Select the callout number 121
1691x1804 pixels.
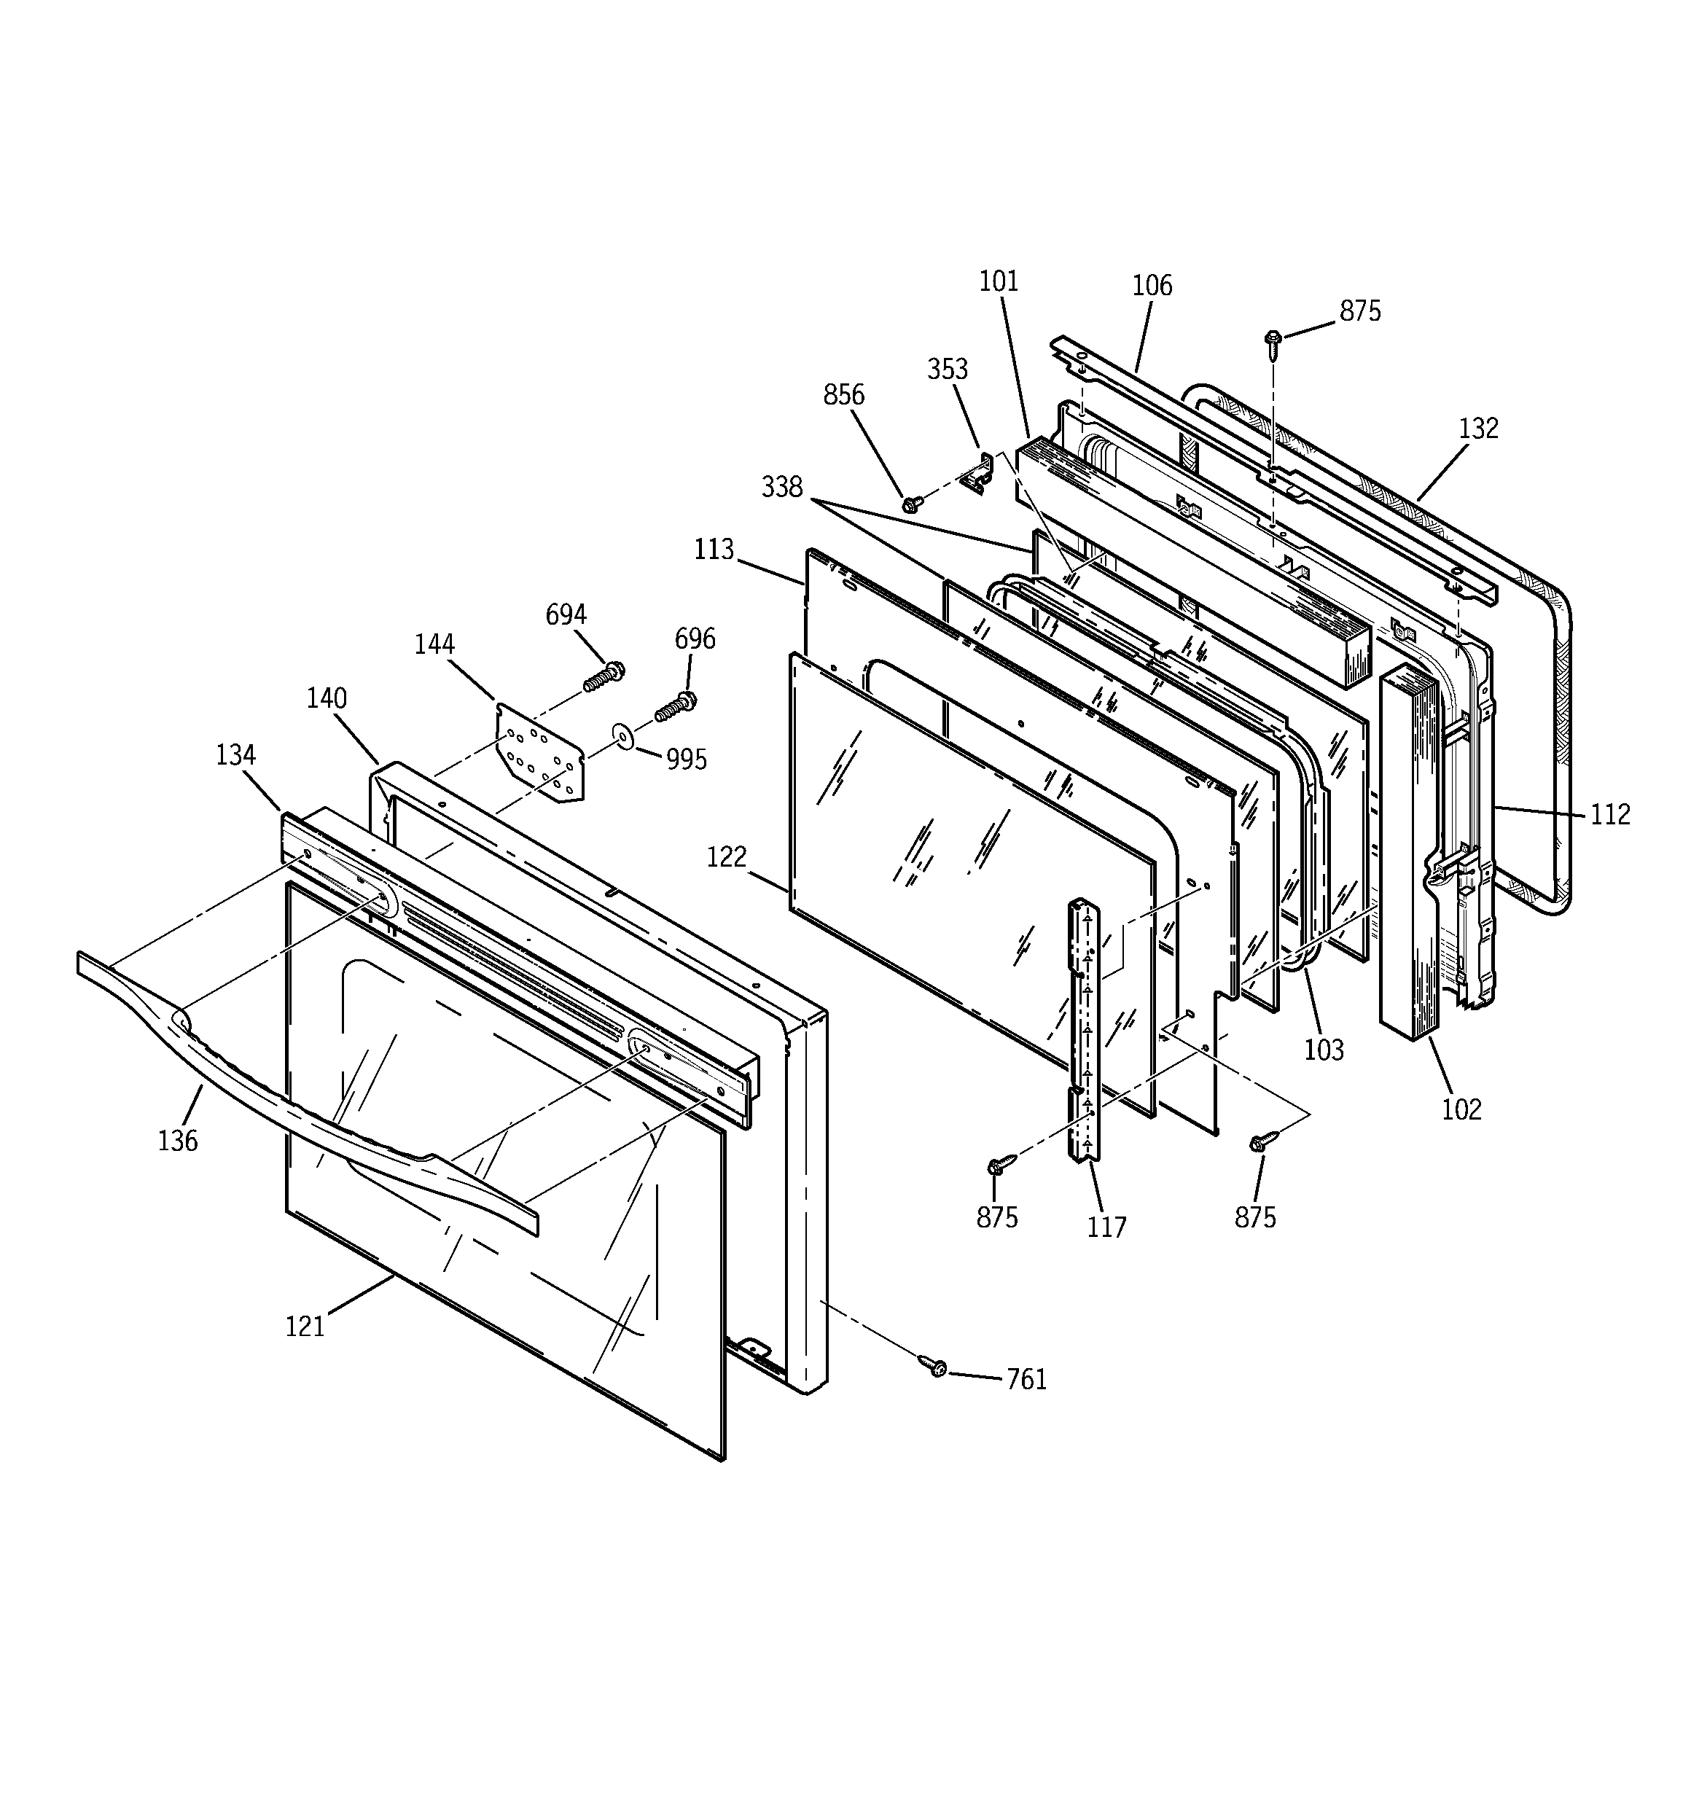pos(305,1327)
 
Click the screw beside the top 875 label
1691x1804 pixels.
pos(1273,343)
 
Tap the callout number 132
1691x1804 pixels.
pos(1479,429)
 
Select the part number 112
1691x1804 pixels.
pos(1610,814)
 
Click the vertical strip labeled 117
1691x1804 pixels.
pos(1085,1030)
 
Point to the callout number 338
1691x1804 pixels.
pos(781,488)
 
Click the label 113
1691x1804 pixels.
pos(714,549)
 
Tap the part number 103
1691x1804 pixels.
pos(1324,1050)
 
